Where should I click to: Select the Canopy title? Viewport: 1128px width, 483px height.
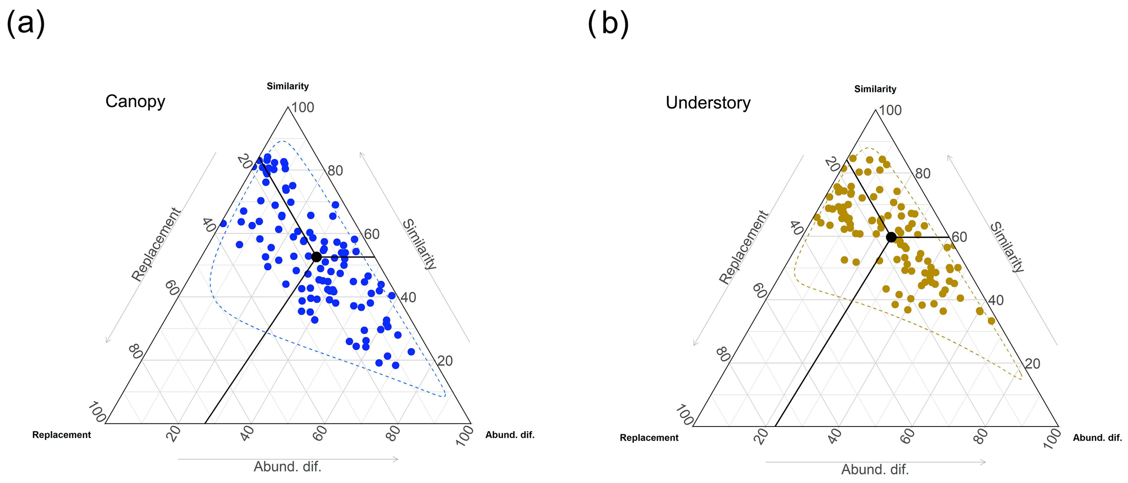135,101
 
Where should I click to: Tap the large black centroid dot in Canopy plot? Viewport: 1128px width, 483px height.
317,257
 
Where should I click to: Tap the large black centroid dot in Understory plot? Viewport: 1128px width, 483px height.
891,237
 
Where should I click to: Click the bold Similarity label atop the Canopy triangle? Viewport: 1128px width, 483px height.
288,86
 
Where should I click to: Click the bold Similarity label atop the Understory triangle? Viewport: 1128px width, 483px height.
875,89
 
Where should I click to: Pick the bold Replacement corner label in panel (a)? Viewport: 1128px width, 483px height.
62,435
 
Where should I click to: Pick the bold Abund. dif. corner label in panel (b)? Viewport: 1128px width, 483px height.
1097,438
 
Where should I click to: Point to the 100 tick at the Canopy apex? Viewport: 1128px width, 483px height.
303,108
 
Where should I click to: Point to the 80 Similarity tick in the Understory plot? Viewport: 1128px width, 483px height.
923,174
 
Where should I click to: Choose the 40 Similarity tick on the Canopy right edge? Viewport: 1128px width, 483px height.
408,297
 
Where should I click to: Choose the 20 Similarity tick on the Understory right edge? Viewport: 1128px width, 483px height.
1032,364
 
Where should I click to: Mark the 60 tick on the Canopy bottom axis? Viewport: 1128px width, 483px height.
320,433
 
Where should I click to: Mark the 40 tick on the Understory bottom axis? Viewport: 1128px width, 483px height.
835,436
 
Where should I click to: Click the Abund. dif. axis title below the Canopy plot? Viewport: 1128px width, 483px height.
288,467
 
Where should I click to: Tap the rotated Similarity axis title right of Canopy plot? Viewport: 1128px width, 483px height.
420,244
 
